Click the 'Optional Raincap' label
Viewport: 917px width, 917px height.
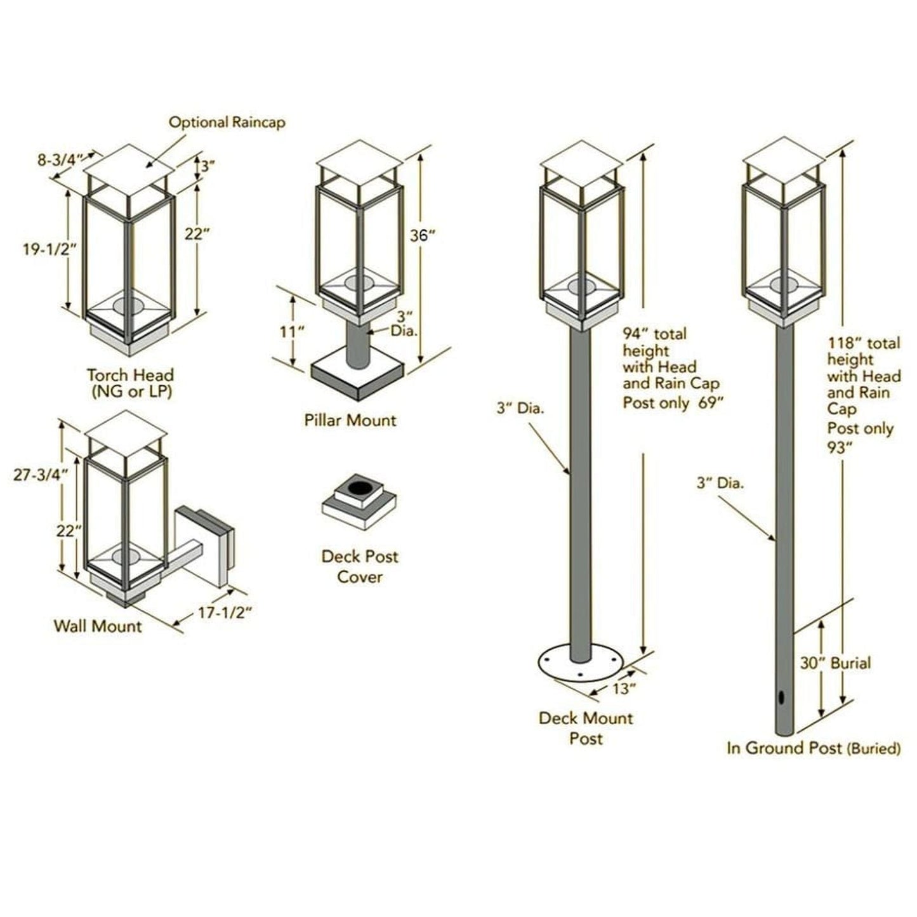coord(227,122)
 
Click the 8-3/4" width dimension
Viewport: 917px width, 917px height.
coord(60,160)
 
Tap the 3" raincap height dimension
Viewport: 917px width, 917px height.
coord(208,168)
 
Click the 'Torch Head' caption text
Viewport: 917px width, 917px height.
coord(130,375)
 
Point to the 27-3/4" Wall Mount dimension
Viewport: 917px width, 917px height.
coord(39,475)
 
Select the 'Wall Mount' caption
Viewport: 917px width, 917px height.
coord(98,626)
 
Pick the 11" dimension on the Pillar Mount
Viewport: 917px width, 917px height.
coord(292,331)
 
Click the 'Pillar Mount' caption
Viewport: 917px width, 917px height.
coord(350,420)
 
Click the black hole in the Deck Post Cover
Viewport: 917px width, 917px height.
coord(360,487)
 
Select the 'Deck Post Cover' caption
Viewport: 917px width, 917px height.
coord(360,567)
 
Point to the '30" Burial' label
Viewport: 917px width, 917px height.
coord(835,664)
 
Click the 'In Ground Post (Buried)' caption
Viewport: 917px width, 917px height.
coord(814,748)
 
